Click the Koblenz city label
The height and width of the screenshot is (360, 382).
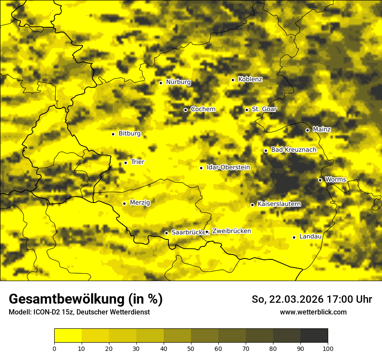[x=250, y=79]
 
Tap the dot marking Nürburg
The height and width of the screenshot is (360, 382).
[x=161, y=83]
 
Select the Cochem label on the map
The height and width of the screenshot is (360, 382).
[x=203, y=109]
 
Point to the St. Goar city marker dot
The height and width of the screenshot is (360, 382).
[x=247, y=110]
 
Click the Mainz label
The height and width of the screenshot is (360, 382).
[x=322, y=130]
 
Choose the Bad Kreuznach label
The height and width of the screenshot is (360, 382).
[x=293, y=150]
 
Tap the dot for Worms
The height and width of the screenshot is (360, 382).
[x=320, y=180]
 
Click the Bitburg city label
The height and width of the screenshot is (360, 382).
[x=129, y=134]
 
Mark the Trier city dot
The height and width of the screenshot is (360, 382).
[x=126, y=163]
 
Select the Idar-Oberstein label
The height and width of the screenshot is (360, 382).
[x=228, y=167]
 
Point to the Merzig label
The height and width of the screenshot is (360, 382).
[x=140, y=203]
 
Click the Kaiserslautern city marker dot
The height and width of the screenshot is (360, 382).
[x=252, y=205]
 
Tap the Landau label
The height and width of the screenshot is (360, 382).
[x=310, y=237]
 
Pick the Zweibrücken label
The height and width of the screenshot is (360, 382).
[x=231, y=231]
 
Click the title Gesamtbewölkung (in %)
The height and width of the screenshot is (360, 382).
[x=86, y=299]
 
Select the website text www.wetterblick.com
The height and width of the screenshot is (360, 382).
[x=313, y=312]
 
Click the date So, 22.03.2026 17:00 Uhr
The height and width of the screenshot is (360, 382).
[x=312, y=299]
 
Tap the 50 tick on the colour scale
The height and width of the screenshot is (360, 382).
[x=191, y=348]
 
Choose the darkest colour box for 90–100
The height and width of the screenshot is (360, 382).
[x=314, y=336]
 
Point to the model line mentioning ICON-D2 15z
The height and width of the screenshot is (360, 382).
[x=79, y=312]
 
